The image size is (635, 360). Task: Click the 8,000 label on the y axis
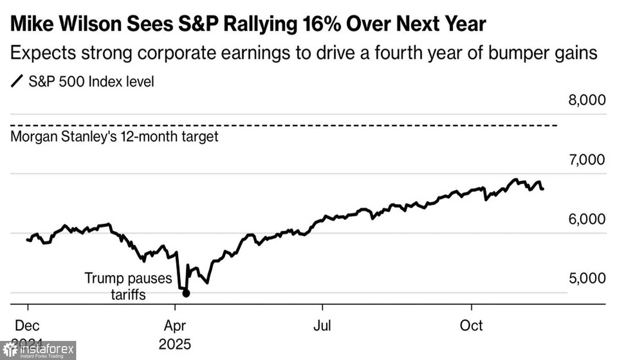pos(587,100)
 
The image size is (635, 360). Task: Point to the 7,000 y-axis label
pos(587,160)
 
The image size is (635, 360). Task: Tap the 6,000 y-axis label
pos(587,219)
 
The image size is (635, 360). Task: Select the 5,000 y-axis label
pos(587,278)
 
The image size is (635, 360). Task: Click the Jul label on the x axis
pos(322,326)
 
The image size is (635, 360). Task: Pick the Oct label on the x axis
pos(471,326)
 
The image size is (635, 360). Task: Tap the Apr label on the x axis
pos(175,326)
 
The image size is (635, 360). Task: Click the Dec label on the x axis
pos(27,326)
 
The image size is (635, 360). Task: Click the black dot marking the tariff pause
pos(186,294)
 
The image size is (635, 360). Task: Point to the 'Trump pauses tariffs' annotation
pos(128,286)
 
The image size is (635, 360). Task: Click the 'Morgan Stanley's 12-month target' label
pos(114,137)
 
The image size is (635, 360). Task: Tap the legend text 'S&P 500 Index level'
pos(91,81)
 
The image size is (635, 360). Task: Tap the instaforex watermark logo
pos(38,351)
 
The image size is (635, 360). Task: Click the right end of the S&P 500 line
pos(543,189)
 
